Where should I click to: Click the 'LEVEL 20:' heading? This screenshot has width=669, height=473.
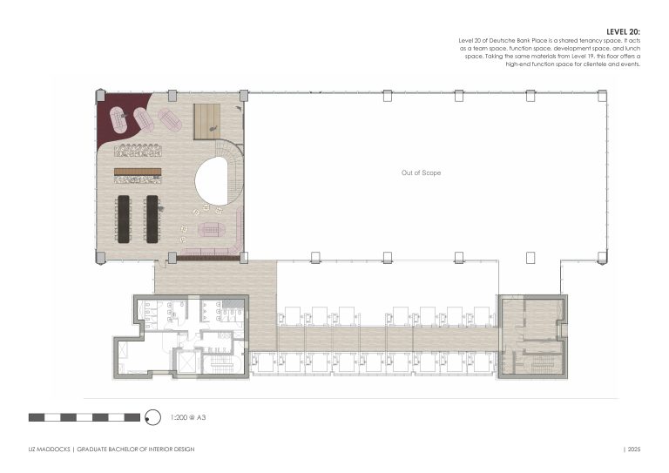623,32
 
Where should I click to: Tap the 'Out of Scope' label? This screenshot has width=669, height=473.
421,172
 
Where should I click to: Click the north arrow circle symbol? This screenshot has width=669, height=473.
152,417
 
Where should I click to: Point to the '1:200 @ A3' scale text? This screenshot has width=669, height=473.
188,417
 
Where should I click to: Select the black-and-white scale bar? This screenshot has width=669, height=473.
84,417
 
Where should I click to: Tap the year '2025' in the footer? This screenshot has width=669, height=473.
634,449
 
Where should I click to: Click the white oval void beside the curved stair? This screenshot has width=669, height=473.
212,180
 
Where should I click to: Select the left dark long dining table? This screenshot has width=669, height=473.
124,220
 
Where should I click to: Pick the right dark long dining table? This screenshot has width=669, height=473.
152,220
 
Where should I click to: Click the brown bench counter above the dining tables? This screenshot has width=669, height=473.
138,172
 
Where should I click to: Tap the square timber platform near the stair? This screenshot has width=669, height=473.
207,122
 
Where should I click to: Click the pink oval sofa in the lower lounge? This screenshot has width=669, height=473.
211,229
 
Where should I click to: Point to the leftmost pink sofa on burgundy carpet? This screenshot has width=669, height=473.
118,119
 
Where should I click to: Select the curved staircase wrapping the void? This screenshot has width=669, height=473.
233,171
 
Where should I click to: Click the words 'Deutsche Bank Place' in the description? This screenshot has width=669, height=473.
518,41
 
